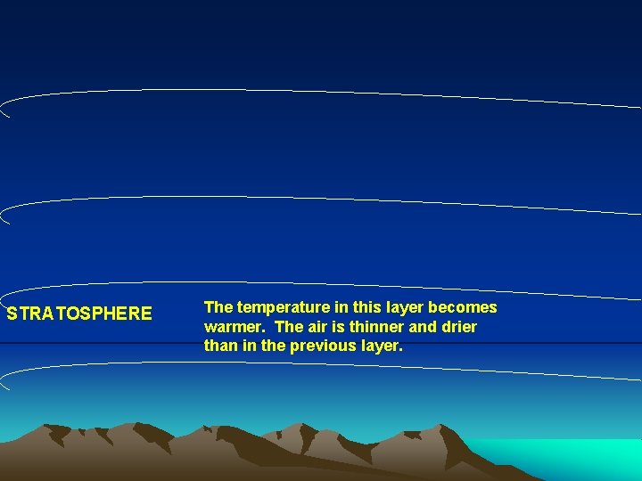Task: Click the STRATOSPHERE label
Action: pos(79,314)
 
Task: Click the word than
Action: pos(220,346)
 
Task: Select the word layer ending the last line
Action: pos(381,346)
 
